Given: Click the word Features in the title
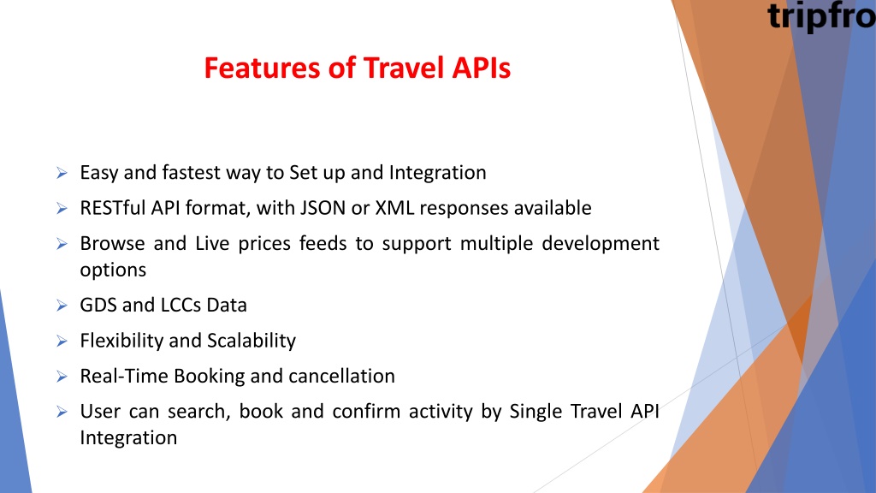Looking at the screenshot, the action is (263, 68).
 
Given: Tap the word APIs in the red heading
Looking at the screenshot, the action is (481, 68).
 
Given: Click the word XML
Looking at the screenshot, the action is (394, 208).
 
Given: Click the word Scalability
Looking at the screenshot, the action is (252, 341).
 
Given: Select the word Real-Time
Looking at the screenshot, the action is (123, 377).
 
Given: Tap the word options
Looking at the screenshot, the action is (113, 270).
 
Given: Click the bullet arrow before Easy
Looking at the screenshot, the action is (62, 173).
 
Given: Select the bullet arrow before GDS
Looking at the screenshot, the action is (62, 306).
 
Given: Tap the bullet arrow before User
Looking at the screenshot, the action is (62, 412).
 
